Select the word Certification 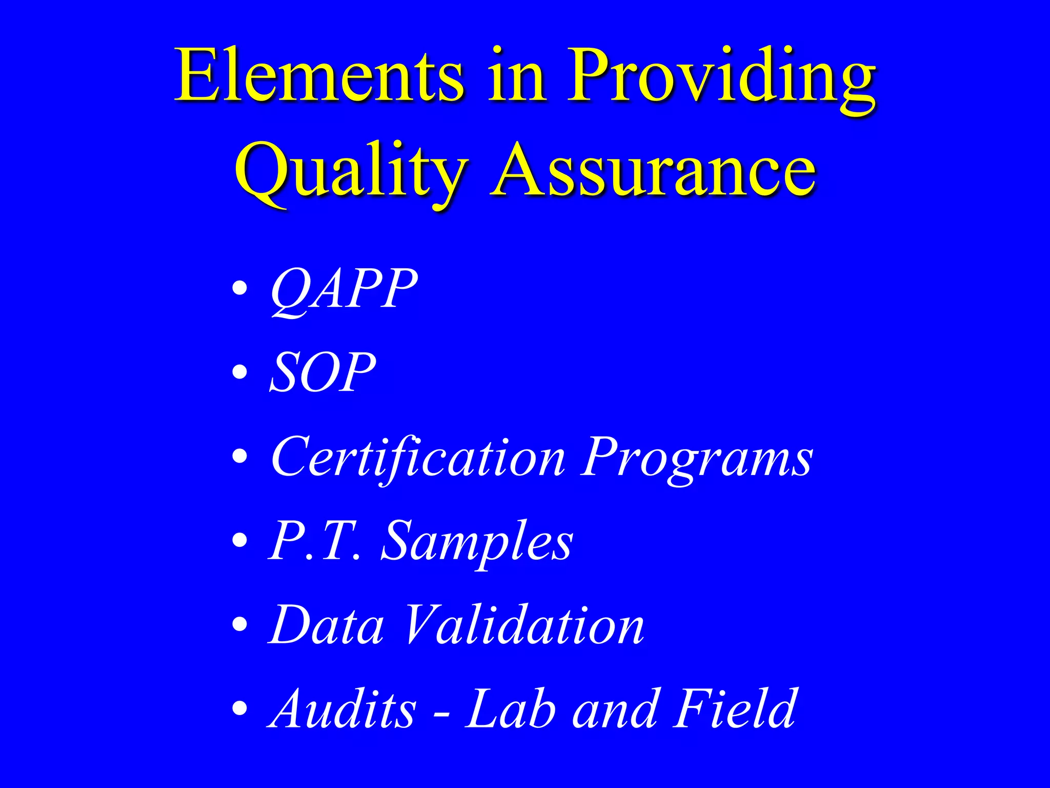click(418, 458)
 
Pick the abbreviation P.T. click(314, 541)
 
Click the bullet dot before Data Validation click(239, 624)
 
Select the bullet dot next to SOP click(239, 372)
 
